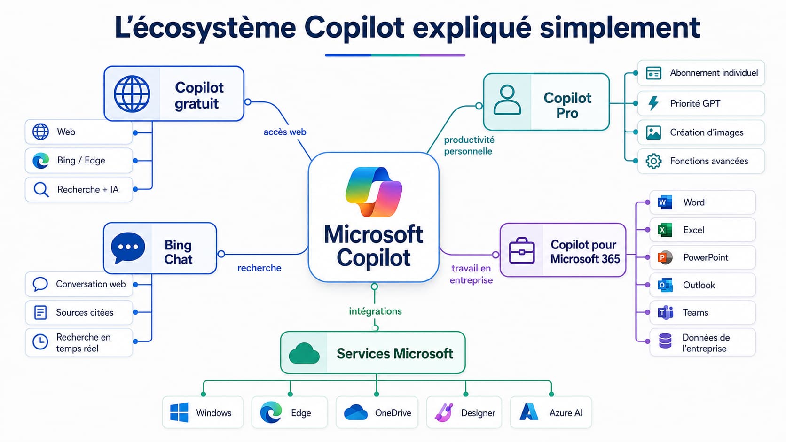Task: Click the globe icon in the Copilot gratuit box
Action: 132,94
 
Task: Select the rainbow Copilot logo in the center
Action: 374,192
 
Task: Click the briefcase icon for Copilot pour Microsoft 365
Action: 522,250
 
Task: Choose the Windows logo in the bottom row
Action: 179,412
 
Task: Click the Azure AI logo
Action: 529,412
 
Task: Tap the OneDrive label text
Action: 393,413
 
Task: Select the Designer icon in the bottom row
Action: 444,412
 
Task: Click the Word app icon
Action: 665,202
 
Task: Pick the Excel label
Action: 693,230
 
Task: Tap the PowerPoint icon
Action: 665,257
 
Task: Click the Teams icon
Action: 665,312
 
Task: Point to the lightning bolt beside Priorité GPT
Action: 653,103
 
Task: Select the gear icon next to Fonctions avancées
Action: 653,161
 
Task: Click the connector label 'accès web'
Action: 285,132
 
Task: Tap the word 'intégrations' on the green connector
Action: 375,311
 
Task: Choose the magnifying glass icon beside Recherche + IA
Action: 41,190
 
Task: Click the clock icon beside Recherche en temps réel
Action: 40,341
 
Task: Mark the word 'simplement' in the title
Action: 620,28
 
